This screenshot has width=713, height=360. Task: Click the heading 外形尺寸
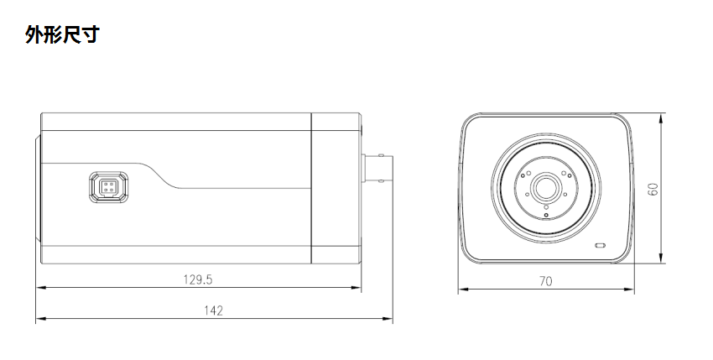coord(63,36)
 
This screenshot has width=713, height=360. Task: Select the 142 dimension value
coord(214,310)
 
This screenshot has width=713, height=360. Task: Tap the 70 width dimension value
coord(546,283)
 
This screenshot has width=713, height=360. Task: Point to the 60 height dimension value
coord(653,189)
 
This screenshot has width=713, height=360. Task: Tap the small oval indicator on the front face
coord(600,246)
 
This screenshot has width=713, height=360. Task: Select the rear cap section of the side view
coord(336,188)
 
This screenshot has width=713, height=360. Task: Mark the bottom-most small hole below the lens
coord(546,216)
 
